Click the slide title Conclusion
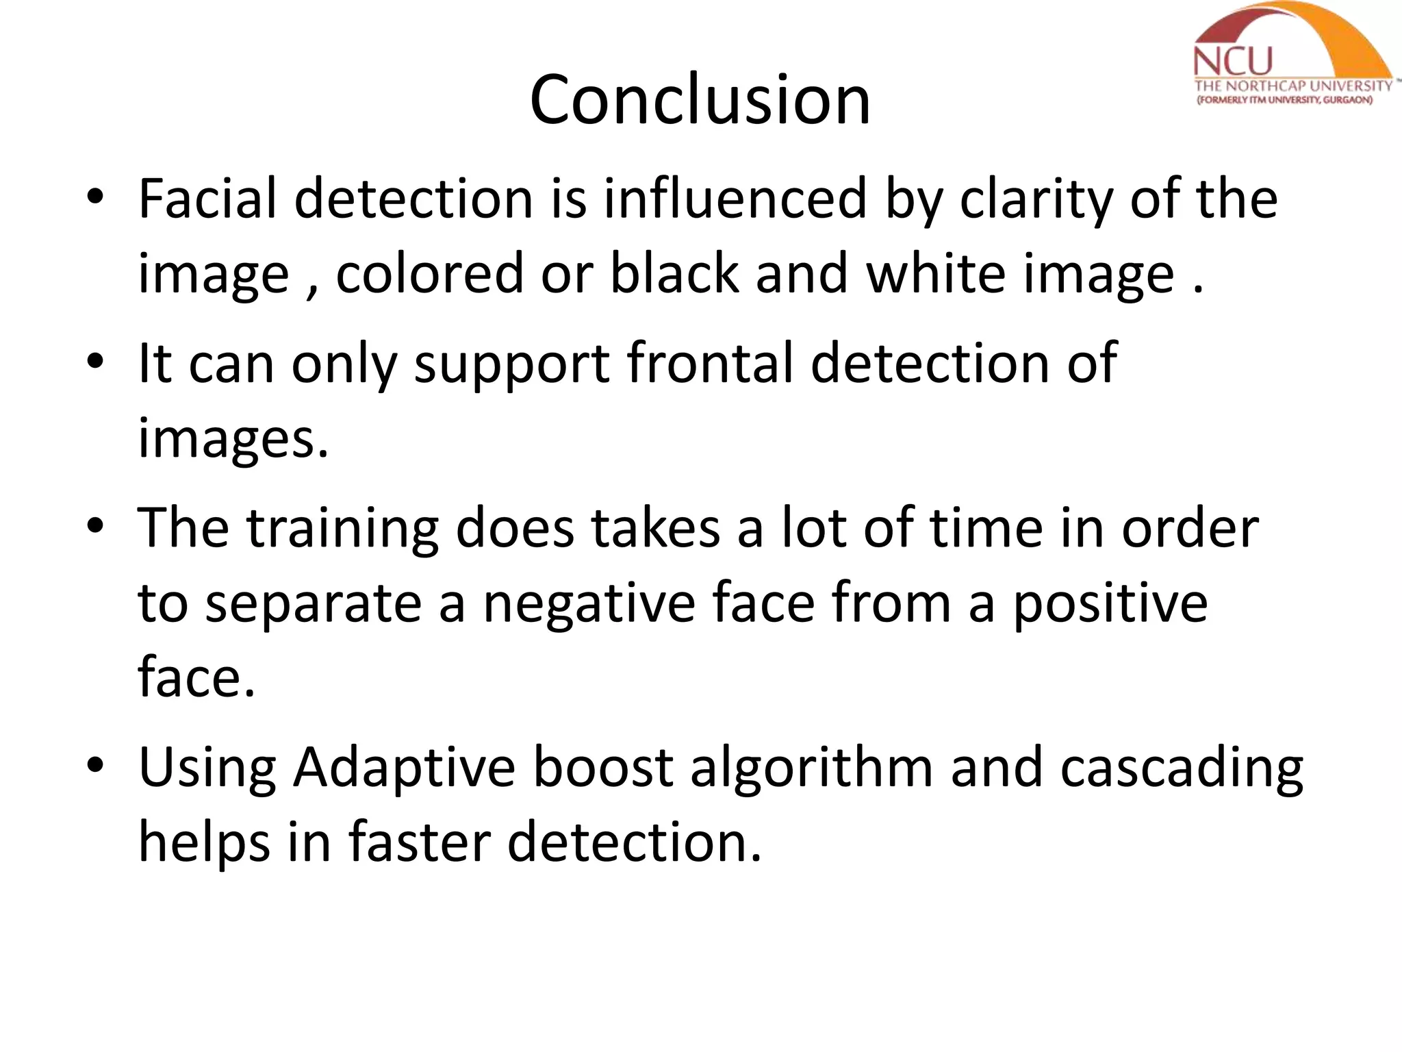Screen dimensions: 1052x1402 click(x=700, y=101)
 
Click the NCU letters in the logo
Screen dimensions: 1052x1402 click(x=1232, y=62)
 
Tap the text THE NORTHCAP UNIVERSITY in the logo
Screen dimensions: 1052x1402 click(x=1293, y=86)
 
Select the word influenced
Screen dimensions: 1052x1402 click(x=735, y=199)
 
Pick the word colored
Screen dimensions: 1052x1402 click(x=429, y=274)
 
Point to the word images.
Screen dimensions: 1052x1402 click(x=233, y=440)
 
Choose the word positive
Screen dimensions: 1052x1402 click(x=1110, y=604)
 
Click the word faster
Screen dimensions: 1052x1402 click(x=419, y=842)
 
